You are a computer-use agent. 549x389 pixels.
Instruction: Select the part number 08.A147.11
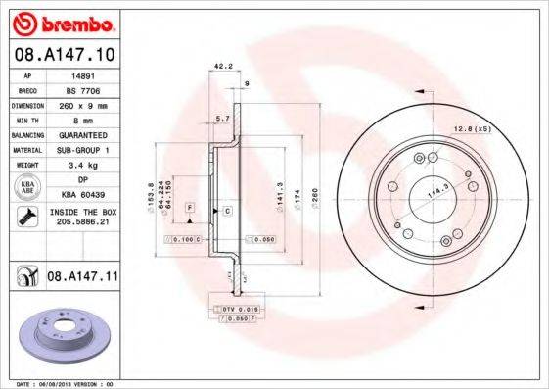[x=82, y=278]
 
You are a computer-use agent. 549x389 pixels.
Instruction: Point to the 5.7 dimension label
[x=221, y=117]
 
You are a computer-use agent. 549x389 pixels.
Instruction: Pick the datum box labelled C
[x=227, y=211]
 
